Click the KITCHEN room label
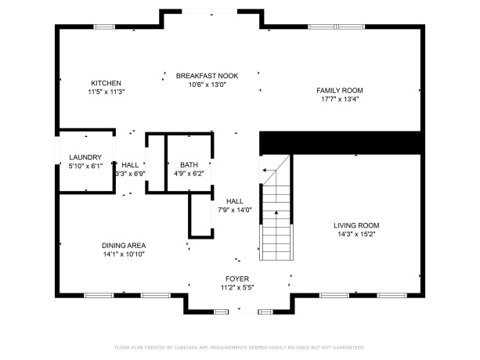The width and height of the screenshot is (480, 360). pos(106,83)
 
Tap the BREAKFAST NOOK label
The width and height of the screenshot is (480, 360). pos(207,76)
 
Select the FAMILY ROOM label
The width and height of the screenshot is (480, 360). pos(340,91)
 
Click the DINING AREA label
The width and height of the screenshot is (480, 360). pos(123,245)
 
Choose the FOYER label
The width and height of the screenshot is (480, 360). pos(236,279)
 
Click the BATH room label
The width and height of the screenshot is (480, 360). pos(189,165)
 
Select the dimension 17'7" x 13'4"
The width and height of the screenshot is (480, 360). pos(340,99)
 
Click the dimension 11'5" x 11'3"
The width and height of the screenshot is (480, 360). pos(106,92)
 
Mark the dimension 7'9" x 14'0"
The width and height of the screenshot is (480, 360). pos(235,210)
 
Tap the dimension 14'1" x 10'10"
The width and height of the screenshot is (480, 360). pos(123,254)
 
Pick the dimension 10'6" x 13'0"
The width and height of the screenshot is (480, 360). pos(207,85)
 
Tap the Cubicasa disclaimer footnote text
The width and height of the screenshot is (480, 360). pos(240,347)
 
